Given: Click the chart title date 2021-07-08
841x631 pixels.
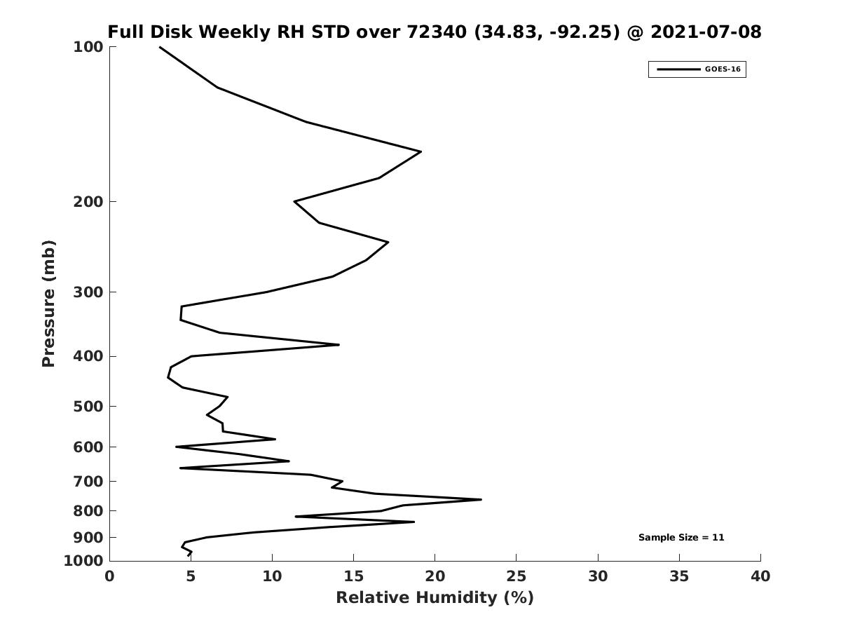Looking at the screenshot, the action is [706, 32].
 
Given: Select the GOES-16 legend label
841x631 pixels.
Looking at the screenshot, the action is [723, 69].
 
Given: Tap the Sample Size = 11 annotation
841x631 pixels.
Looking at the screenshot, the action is [681, 538].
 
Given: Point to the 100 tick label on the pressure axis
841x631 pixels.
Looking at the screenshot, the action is [88, 47].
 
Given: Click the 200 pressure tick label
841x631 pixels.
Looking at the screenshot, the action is [88, 201].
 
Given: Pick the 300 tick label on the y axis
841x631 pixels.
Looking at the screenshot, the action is [88, 292].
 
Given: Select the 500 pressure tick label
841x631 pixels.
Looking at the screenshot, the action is [88, 406].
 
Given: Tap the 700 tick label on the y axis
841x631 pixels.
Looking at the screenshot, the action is [88, 481].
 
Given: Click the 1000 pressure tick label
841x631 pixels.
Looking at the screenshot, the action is [83, 561].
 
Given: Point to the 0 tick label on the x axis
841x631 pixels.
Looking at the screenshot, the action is [109, 576].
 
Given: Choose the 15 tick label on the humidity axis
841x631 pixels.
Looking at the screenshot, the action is [353, 576].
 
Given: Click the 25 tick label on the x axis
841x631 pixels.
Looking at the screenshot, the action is [516, 576].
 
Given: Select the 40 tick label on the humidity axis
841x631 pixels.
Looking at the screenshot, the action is [760, 576].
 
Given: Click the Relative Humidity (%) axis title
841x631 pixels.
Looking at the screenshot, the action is [435, 598].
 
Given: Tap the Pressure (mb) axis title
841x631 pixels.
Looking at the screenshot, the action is [48, 304].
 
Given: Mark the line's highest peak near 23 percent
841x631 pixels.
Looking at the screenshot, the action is [481, 500].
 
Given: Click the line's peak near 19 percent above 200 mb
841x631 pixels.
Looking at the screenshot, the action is [421, 151].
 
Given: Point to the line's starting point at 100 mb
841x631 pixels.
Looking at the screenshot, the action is [160, 47].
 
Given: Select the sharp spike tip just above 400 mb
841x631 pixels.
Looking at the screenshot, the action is [339, 345].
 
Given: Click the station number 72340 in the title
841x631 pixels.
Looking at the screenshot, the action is [437, 32].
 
